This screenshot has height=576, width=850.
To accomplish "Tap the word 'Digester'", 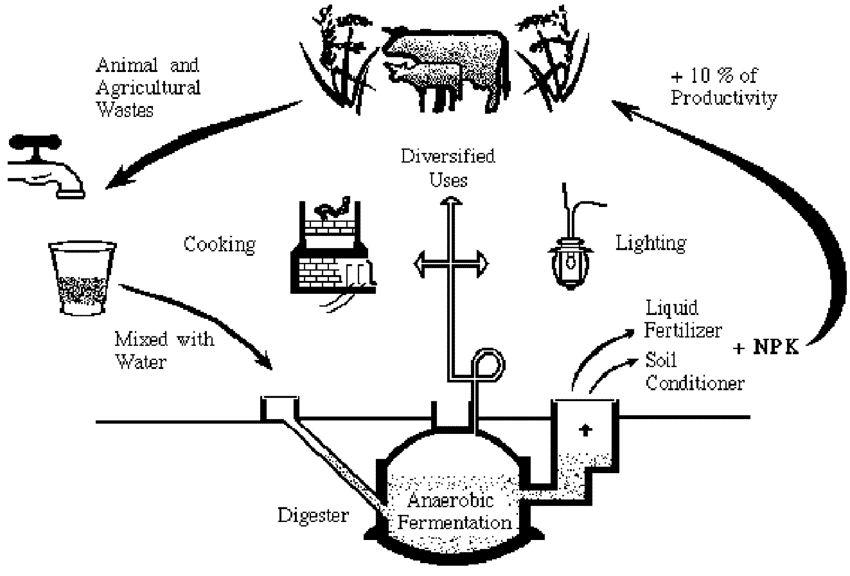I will point(311,515).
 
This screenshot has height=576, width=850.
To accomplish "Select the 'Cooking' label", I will point(216,244).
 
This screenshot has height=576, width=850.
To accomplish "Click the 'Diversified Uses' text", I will point(448,169).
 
